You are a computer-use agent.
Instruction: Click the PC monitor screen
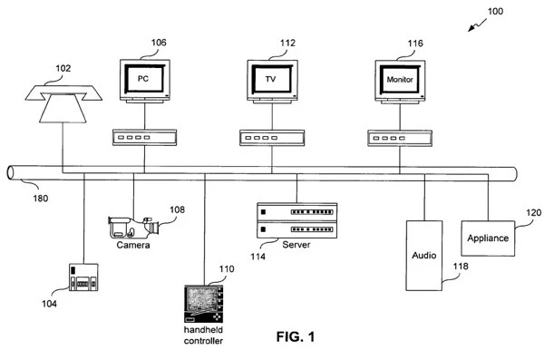[x=142, y=79]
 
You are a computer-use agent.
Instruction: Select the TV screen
[x=269, y=79]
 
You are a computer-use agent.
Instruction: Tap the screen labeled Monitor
[x=396, y=79]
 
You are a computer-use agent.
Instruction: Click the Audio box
[x=423, y=255]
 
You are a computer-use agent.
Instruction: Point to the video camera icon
[x=133, y=226]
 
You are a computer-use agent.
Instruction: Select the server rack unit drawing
[x=290, y=221]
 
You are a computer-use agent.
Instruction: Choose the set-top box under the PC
[x=142, y=139]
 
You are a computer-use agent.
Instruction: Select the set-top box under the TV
[x=269, y=139]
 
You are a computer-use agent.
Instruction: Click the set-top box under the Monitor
[x=396, y=139]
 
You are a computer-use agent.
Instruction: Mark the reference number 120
[x=533, y=213]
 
